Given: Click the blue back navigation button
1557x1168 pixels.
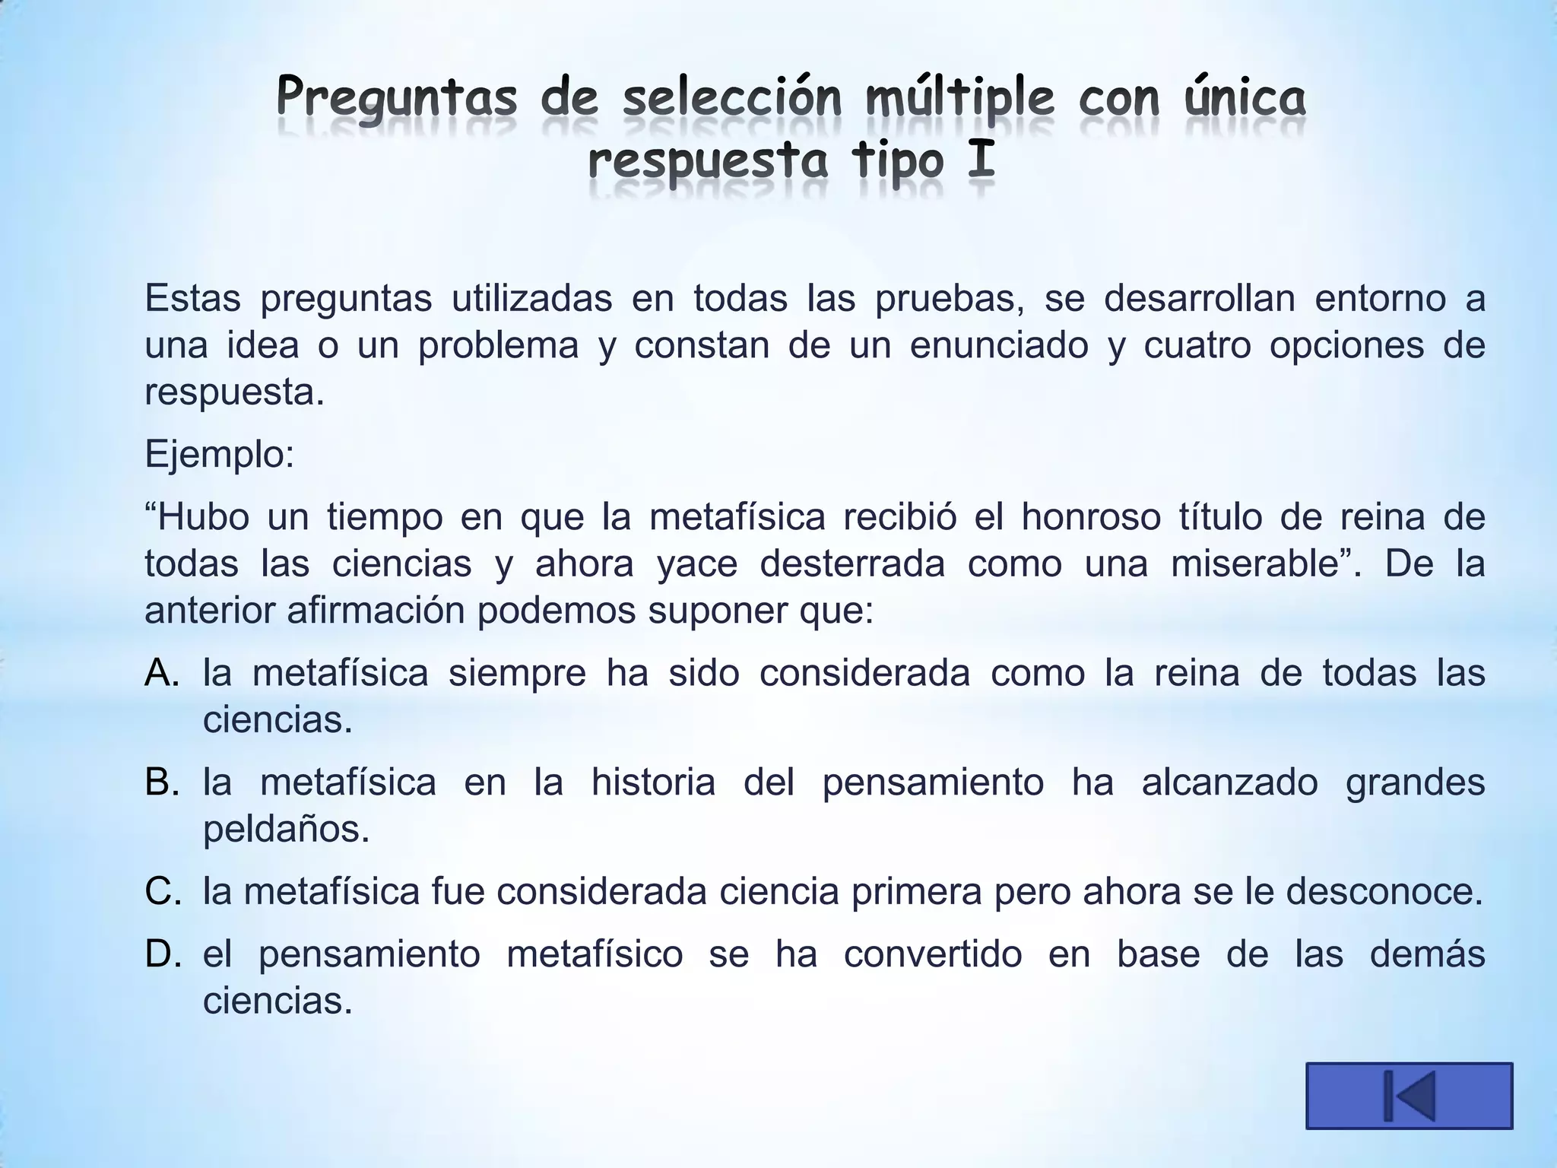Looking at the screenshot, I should coord(1409,1095).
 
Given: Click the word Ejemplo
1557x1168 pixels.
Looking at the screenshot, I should coord(219,455).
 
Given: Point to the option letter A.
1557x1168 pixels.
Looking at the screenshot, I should coord(161,673).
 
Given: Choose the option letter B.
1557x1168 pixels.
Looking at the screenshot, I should coord(161,782).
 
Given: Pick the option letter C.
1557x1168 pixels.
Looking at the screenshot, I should coord(161,891).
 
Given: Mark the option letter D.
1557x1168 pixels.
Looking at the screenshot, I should coord(161,954).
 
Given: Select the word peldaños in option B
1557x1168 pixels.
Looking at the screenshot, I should coord(286,829).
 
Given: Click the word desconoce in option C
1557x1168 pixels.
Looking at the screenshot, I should coord(1384,891).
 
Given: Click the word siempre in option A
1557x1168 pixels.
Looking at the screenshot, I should coord(517,673).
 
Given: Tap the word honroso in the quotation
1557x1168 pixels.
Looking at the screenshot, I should coord(1090,517).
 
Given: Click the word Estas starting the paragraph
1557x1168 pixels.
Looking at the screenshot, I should coord(192,298).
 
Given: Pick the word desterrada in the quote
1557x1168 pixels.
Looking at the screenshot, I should coord(852,564).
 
